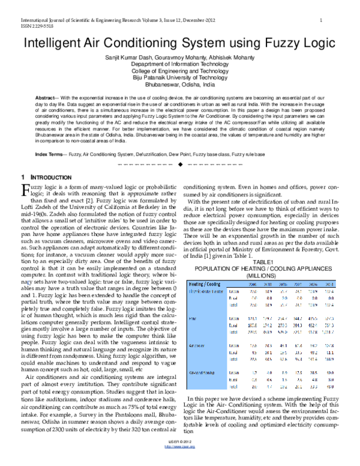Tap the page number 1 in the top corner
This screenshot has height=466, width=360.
point(322,20)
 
